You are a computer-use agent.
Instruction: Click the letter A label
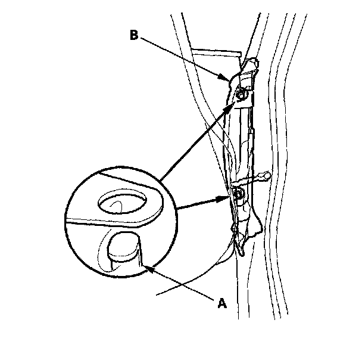pos(222,303)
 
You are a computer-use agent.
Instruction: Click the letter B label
pos(134,35)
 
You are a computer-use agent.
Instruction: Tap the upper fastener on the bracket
pos(242,95)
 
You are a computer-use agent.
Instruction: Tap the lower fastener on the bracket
pos(238,194)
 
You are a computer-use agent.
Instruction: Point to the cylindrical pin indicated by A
pos(124,253)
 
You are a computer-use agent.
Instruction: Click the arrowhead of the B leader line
pos(225,78)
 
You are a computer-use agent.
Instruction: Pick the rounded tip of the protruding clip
pos(269,175)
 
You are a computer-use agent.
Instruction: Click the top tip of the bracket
pos(255,60)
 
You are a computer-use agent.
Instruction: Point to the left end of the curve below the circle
pos(156,294)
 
